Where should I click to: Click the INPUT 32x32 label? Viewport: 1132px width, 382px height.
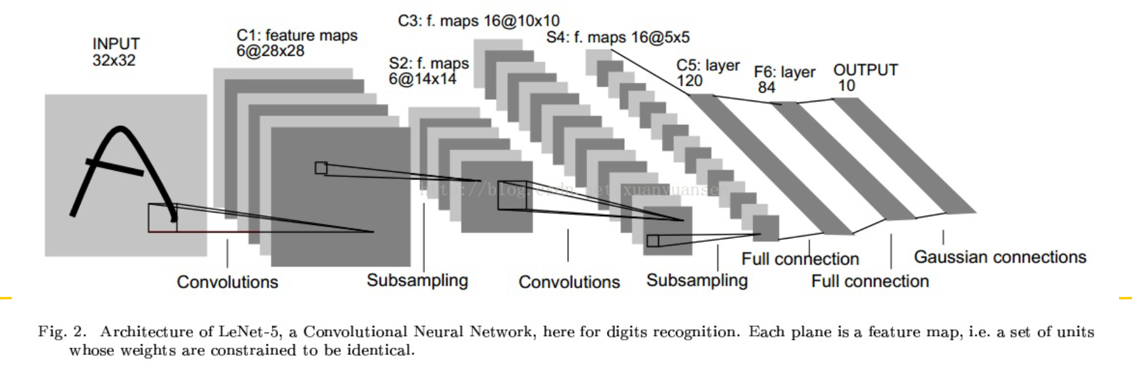[x=116, y=52]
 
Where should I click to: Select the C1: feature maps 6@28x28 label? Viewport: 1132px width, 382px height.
[x=297, y=43]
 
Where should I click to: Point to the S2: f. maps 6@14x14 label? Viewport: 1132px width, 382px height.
[x=428, y=71]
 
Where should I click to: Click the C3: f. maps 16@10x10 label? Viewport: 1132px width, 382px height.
[x=478, y=21]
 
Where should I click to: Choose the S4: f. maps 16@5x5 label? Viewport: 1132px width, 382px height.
[x=618, y=37]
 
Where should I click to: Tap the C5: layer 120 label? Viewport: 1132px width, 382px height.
[x=707, y=73]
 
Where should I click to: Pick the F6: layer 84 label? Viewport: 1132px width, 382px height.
[x=784, y=80]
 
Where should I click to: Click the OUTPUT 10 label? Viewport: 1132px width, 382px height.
[x=865, y=78]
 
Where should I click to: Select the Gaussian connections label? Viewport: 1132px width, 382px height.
[x=1000, y=257]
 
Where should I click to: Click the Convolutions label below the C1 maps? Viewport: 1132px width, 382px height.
[x=227, y=282]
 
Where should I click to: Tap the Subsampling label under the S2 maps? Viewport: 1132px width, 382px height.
[x=417, y=280]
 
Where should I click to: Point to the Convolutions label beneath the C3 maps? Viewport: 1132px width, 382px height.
[x=569, y=282]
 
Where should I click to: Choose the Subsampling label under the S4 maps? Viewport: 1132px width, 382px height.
[x=697, y=280]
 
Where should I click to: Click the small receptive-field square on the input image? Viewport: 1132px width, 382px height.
[x=162, y=217]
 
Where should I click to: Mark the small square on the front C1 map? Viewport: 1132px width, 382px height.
[x=321, y=168]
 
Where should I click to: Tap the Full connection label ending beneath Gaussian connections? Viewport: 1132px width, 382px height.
[x=869, y=281]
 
